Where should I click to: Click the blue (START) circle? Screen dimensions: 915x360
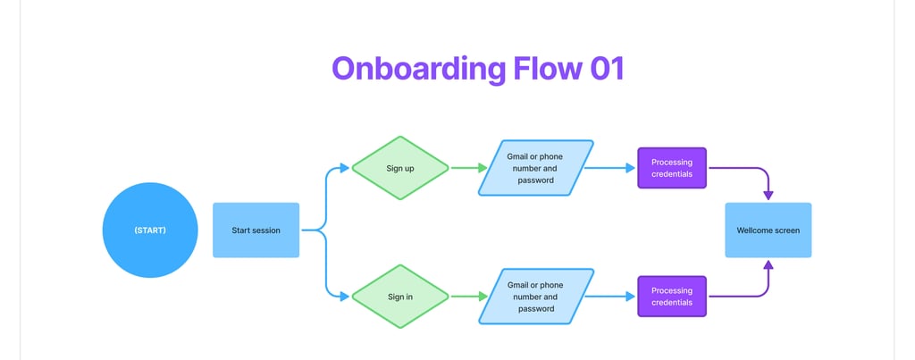150,230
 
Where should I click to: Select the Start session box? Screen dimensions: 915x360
256,230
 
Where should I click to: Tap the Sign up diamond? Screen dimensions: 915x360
400,168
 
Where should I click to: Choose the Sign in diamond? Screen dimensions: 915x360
400,297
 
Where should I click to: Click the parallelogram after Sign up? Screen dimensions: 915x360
536,168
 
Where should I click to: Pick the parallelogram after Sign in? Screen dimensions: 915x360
536,297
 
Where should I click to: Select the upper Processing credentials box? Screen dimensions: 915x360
672,168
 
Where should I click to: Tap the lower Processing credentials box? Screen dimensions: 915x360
672,297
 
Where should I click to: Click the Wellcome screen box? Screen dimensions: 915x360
768,230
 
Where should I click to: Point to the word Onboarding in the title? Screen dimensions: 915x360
418,70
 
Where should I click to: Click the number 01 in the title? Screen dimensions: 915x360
607,68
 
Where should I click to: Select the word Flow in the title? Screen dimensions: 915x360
548,68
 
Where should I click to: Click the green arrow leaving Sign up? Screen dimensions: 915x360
468,168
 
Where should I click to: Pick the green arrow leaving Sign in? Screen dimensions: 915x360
468,297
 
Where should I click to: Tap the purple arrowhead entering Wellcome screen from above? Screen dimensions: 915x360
768,196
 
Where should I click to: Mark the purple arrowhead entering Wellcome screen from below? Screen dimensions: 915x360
768,265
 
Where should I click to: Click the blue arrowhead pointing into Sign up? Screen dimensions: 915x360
344,168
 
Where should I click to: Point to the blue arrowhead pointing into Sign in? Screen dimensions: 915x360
344,297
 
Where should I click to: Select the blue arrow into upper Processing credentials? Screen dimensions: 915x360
609,168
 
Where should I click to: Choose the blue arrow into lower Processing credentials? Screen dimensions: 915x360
609,297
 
